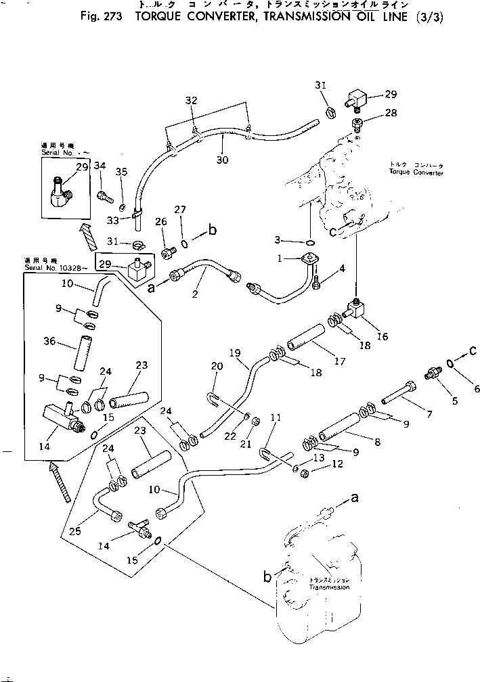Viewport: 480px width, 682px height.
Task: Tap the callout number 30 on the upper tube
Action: [x=221, y=160]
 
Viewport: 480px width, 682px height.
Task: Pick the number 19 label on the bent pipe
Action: [x=234, y=353]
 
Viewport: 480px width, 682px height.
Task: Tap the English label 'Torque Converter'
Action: [x=416, y=173]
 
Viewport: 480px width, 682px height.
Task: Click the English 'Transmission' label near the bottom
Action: [x=330, y=587]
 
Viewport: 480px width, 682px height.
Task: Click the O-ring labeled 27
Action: [x=185, y=240]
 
